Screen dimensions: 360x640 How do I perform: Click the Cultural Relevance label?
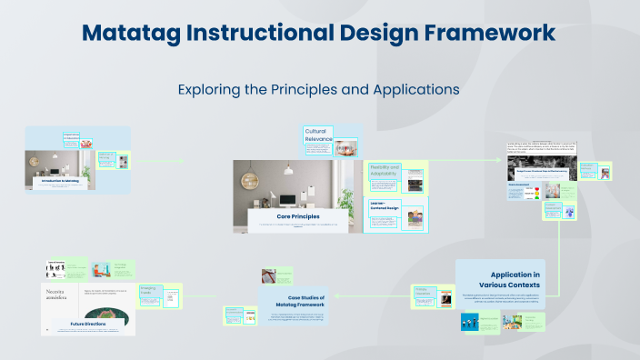tap(315, 135)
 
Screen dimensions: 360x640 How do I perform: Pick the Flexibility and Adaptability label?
tap(385, 171)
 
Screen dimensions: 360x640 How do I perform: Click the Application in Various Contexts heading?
tap(515, 279)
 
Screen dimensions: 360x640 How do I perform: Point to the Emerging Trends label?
tap(149, 292)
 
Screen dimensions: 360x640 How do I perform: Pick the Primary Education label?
tap(423, 292)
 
